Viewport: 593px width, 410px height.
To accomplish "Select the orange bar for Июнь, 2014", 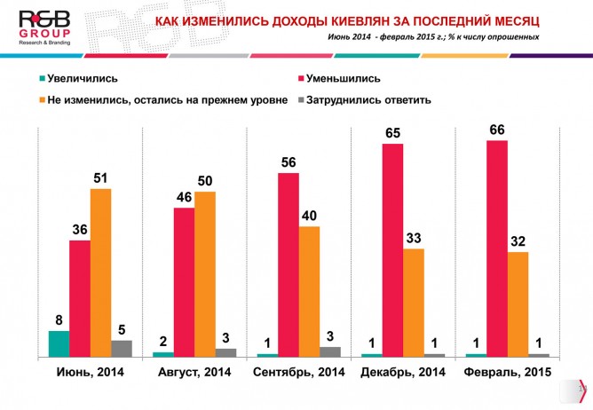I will (x=100, y=272).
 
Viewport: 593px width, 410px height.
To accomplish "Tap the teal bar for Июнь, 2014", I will (x=59, y=343).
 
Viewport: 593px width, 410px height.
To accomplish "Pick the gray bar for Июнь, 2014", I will (x=122, y=348).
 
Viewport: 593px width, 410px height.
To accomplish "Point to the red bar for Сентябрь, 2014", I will (x=289, y=264).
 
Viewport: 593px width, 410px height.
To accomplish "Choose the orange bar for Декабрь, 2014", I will (x=414, y=303).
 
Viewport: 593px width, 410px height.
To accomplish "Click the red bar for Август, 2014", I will (x=184, y=282).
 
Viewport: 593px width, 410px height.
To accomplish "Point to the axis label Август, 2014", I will (x=193, y=373).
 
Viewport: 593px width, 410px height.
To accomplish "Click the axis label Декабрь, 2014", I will (x=402, y=373).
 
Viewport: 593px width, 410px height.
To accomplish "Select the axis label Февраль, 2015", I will (x=506, y=373).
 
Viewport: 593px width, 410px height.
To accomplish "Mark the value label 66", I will (x=497, y=130).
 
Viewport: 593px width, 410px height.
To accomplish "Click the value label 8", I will (x=59, y=320).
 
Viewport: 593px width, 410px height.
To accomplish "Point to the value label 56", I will (x=289, y=162).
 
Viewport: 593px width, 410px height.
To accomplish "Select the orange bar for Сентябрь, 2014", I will (x=309, y=291).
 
